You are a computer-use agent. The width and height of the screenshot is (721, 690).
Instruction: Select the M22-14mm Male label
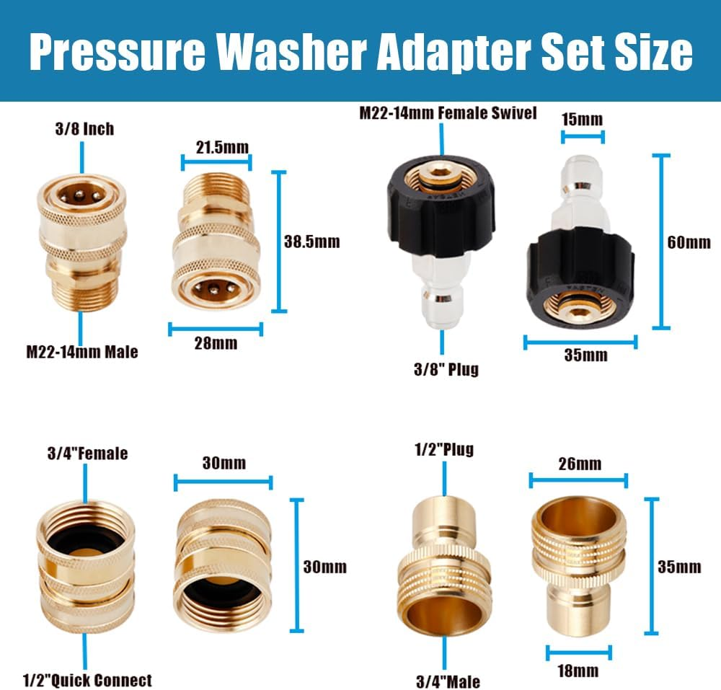click(x=81, y=352)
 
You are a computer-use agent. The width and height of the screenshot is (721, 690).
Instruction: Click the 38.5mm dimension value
click(x=311, y=242)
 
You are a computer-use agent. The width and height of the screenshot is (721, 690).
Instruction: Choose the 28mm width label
click(x=216, y=343)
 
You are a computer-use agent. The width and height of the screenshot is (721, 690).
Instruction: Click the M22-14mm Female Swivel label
click(x=448, y=113)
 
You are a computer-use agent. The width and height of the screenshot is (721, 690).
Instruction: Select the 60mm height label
click(x=689, y=242)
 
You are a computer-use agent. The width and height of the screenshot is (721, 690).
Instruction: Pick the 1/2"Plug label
click(x=443, y=449)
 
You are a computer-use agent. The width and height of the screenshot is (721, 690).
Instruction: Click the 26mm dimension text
click(x=579, y=463)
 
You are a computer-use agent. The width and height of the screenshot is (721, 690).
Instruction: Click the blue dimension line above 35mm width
click(x=580, y=342)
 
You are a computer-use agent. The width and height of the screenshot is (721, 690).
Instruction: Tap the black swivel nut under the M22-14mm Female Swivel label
click(x=442, y=210)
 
